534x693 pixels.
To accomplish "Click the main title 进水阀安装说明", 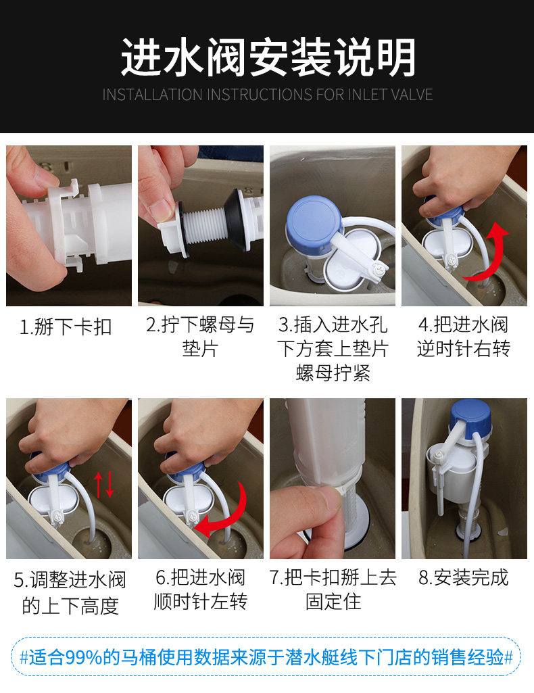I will pyautogui.click(x=267, y=58).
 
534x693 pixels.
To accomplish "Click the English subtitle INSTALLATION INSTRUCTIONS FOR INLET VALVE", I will pyautogui.click(x=267, y=95).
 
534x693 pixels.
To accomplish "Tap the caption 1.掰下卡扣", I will pyautogui.click(x=66, y=327).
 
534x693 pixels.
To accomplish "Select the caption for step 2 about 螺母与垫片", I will pyautogui.click(x=200, y=337).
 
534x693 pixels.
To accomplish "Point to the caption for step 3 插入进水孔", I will pyautogui.click(x=333, y=349).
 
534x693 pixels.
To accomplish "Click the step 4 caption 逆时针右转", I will pyautogui.click(x=463, y=337).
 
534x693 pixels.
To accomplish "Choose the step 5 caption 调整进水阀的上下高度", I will pyautogui.click(x=70, y=592).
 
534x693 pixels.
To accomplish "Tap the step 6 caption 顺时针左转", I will pyautogui.click(x=200, y=590).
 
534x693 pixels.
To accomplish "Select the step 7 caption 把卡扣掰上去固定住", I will pyautogui.click(x=333, y=590).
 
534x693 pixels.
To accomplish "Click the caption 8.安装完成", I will pyautogui.click(x=463, y=578).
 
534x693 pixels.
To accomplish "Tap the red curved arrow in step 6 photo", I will pyautogui.click(x=226, y=514).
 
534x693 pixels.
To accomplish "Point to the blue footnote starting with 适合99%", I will pyautogui.click(x=267, y=656).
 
